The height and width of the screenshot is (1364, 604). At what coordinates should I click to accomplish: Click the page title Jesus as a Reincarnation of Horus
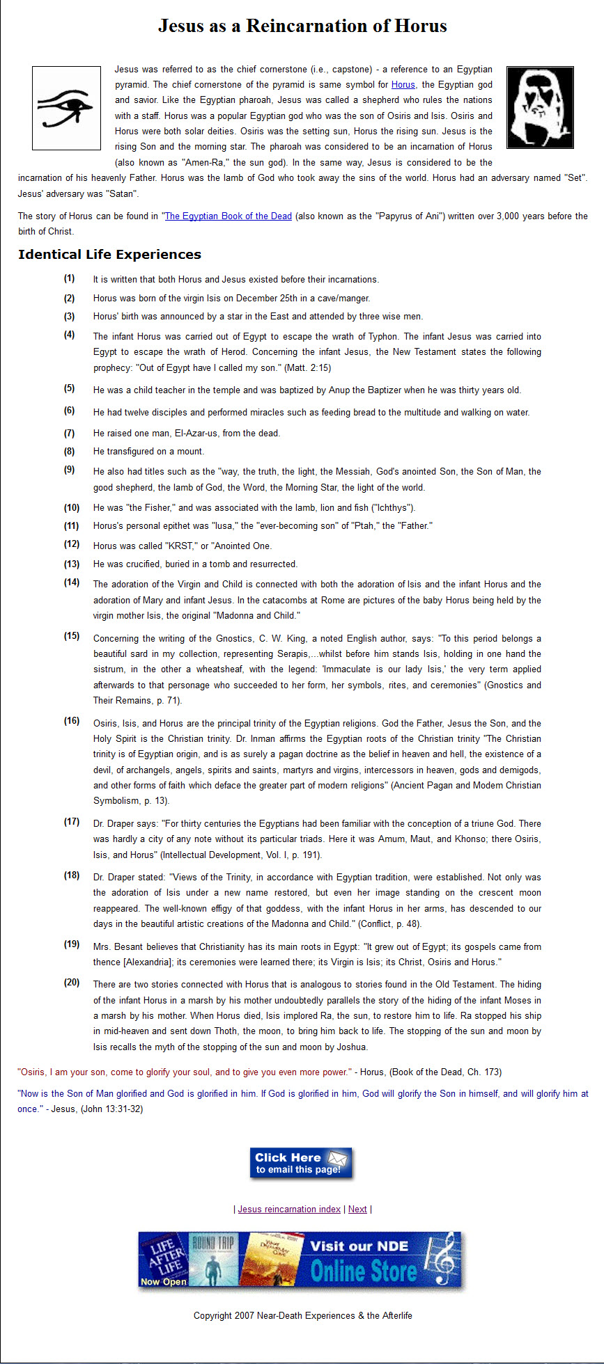(x=302, y=26)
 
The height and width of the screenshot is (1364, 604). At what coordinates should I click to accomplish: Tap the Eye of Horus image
(x=66, y=108)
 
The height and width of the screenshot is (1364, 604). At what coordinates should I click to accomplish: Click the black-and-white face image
(x=540, y=107)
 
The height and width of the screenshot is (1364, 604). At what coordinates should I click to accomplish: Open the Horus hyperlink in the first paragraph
(x=403, y=85)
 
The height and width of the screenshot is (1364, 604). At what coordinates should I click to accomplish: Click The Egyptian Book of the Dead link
(x=228, y=216)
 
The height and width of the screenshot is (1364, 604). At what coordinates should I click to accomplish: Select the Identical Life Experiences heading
(x=109, y=255)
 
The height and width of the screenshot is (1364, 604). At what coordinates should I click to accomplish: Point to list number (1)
(x=69, y=278)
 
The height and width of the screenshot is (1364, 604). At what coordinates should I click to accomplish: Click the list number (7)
(x=69, y=433)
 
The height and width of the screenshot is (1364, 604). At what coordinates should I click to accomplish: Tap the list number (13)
(x=72, y=564)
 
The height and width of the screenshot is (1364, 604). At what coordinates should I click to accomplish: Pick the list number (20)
(x=72, y=983)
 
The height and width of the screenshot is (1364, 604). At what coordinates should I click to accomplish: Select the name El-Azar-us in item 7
(x=198, y=434)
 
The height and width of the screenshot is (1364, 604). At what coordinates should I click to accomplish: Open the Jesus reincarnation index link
(x=289, y=1209)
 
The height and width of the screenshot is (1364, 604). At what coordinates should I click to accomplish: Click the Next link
(x=357, y=1209)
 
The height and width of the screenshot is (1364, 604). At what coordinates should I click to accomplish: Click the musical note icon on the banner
(x=444, y=1259)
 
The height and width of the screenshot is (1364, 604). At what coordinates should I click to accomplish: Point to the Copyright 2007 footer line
(x=302, y=1315)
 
